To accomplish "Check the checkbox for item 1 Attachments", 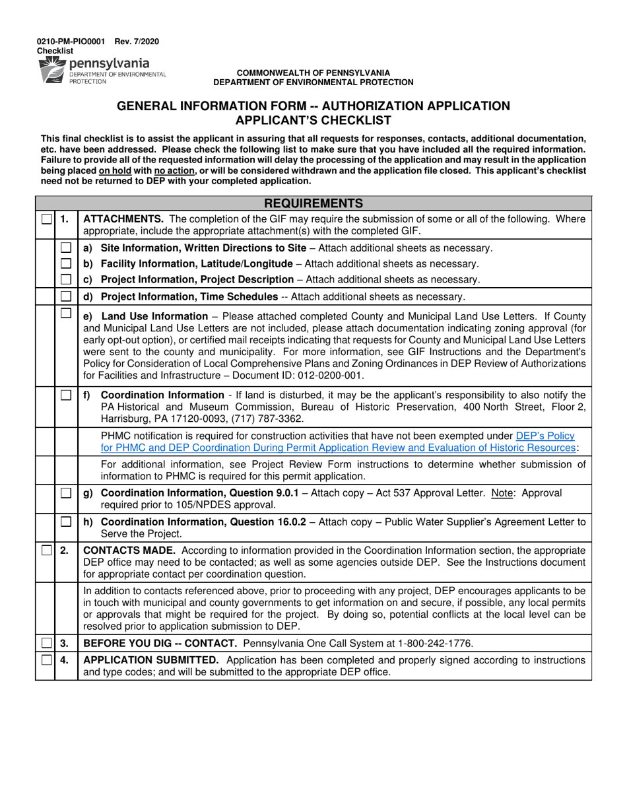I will click(45, 219).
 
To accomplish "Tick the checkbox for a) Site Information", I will click(66, 248).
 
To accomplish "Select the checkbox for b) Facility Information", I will click(66, 263).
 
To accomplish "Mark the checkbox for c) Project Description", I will click(66, 279).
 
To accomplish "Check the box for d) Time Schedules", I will click(66, 296).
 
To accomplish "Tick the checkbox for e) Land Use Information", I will click(66, 314).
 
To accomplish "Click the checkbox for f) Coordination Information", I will click(66, 395).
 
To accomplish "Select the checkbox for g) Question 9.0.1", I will click(66, 493).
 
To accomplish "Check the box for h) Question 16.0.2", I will click(66, 522).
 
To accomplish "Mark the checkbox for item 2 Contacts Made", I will click(45, 551).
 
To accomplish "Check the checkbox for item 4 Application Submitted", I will click(45, 660).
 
